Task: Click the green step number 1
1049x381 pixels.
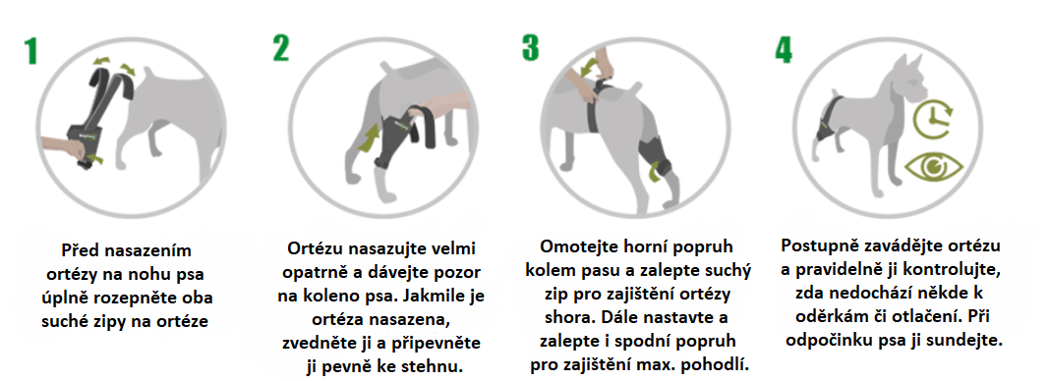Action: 30,50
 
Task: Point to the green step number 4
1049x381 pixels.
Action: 784,49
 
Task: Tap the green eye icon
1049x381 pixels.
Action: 934,166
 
